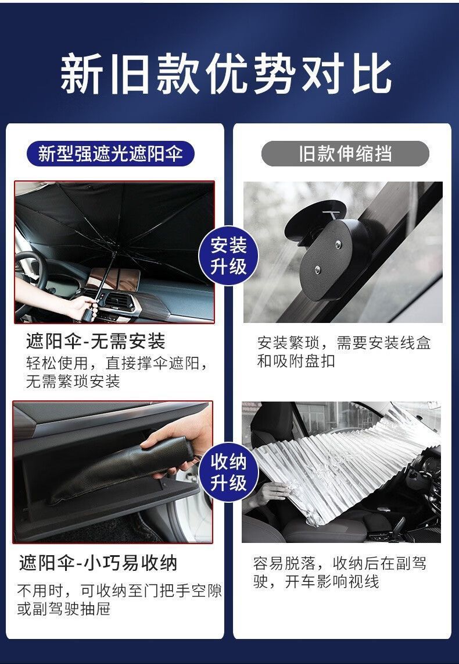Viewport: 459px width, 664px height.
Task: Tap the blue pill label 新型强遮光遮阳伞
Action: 110,154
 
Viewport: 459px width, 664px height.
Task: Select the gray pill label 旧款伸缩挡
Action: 345,154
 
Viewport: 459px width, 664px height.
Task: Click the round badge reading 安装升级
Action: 229,256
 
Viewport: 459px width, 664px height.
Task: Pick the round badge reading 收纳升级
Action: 229,472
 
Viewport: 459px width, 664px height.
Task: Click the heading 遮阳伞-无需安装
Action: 95,342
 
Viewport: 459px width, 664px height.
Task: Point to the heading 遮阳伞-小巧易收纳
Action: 98,563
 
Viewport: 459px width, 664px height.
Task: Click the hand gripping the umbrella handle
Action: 84,306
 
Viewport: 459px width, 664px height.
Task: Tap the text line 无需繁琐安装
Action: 73,382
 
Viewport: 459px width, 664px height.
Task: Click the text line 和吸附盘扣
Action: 296,361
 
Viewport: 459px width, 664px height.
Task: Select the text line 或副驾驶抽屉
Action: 64,609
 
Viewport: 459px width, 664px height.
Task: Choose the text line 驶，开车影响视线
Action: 316,582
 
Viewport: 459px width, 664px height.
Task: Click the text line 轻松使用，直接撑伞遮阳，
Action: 117,363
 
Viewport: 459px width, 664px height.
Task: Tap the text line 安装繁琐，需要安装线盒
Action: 344,343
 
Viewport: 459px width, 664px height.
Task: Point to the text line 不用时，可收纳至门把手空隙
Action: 120,591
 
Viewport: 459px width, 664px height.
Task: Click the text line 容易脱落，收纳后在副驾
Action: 340,564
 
